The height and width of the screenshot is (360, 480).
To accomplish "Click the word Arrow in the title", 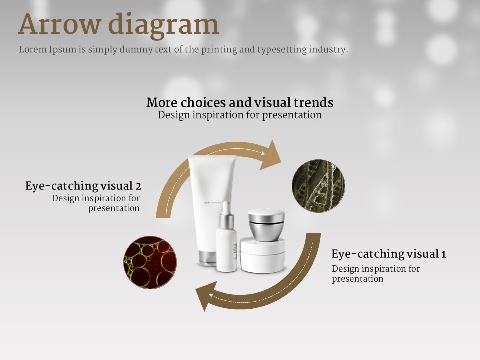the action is point(59,24).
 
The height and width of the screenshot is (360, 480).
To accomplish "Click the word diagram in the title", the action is point(164,25).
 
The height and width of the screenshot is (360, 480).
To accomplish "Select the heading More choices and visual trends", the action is point(240,102).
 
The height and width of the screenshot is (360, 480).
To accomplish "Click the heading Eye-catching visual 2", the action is point(83,186).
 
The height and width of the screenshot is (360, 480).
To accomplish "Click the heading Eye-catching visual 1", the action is point(389,254).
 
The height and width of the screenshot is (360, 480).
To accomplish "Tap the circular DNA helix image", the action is point(318,186).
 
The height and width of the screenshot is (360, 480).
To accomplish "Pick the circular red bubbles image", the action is point(150,262).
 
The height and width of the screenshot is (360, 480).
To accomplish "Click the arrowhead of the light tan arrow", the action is point(271,155).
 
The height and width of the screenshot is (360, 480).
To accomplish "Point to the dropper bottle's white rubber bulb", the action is point(226,208).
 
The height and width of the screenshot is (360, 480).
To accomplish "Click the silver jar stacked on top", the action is point(266,225).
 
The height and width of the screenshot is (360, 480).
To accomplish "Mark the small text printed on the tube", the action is point(212,203).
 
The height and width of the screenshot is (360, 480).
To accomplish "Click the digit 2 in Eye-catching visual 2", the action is point(138,186).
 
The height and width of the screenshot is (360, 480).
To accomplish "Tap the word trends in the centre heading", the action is point(314,102).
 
